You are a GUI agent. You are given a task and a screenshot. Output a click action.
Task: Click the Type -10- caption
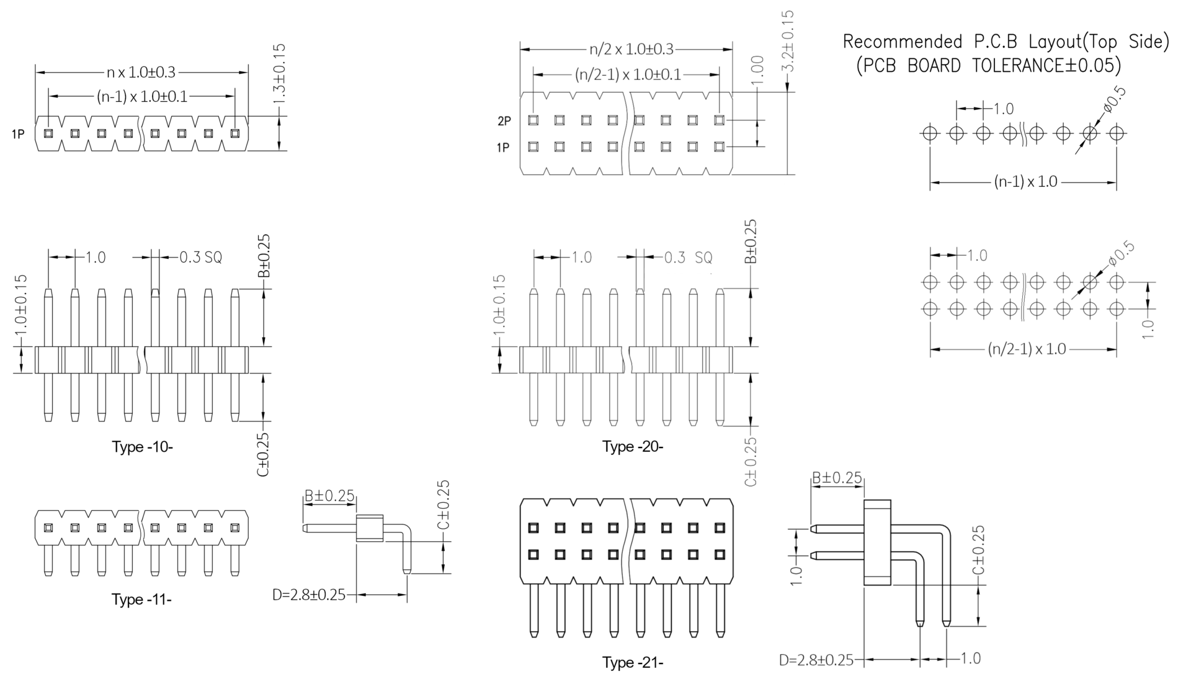(142, 447)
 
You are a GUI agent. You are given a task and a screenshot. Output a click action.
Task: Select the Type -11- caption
(141, 599)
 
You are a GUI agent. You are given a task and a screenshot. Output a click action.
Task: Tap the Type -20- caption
(633, 447)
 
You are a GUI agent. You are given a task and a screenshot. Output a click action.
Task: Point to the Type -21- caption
(633, 663)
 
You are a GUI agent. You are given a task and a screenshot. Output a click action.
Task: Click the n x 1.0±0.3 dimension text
(141, 73)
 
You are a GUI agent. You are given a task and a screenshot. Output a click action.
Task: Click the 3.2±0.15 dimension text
(788, 41)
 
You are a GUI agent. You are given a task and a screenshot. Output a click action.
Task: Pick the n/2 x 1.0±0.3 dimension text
(631, 49)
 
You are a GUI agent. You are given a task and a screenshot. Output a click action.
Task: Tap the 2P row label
(504, 121)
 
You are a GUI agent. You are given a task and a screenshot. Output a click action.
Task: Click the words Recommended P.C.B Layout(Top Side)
(1006, 42)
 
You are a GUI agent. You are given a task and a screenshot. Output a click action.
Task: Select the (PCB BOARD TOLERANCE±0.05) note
(989, 65)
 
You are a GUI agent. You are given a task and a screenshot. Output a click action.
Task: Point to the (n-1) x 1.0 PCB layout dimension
(1025, 182)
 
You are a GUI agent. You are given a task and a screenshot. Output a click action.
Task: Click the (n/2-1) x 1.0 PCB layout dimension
(1027, 349)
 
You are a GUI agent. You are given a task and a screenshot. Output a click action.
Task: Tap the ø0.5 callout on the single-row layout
(1115, 99)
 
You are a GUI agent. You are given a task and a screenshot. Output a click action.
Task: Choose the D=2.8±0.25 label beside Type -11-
(309, 595)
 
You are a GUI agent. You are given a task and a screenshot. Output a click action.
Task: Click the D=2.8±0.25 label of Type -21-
(816, 660)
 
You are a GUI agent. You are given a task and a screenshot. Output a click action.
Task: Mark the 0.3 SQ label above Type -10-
(200, 257)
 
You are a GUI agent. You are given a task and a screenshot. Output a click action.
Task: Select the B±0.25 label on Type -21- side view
(837, 477)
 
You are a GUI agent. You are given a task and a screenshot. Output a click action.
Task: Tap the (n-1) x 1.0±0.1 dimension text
(141, 97)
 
